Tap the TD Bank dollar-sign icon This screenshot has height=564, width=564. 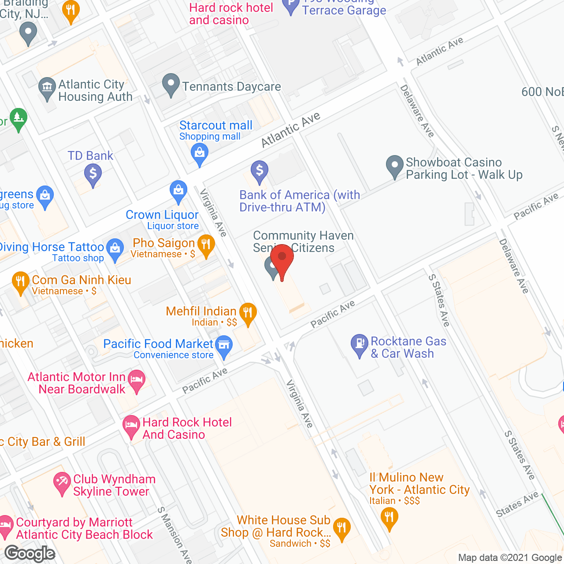(93, 173)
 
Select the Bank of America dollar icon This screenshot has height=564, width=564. (260, 170)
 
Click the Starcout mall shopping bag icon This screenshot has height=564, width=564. (200, 154)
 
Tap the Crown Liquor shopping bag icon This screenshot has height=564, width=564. (178, 191)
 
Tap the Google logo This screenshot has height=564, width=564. (30, 553)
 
